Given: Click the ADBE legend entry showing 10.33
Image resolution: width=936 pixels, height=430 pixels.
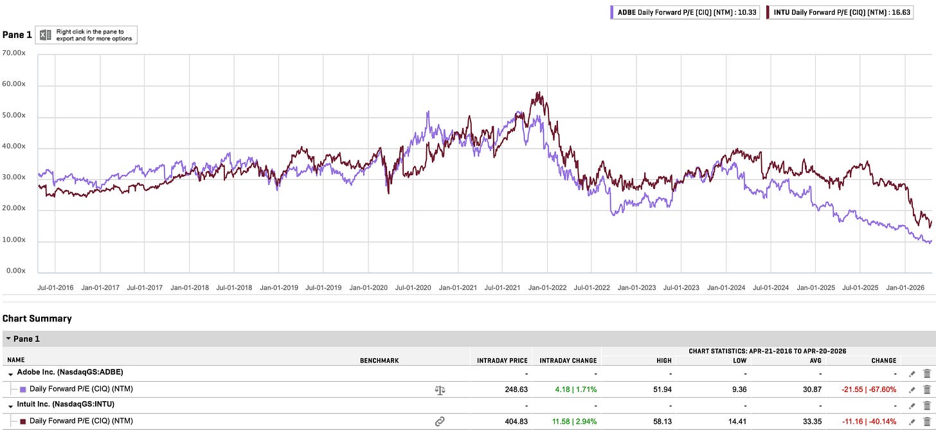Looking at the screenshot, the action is pos(685,12).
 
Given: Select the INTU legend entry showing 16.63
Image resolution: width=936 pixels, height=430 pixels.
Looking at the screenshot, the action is pos(840,12).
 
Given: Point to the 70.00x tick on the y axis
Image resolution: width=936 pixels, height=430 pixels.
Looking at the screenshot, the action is pos(14,53).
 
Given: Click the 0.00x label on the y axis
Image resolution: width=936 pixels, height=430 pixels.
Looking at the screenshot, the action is pos(16,271).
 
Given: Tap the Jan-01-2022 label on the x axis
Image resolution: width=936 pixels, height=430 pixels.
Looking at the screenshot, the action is pos(548,287).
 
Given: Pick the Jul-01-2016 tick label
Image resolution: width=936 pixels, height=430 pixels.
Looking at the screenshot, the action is pos(55,287).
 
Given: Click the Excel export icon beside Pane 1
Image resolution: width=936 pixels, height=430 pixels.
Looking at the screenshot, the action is pos(45,35).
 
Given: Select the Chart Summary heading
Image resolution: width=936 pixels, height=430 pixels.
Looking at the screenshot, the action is pos(37,318).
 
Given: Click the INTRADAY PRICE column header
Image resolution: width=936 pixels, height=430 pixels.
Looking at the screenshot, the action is pos(502,361).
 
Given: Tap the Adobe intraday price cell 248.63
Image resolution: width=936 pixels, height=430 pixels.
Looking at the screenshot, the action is pos(516,390).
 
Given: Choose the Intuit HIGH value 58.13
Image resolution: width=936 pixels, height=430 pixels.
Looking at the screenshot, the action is pos(662,422).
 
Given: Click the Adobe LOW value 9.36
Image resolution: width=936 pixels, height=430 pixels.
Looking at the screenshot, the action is pos(739,390).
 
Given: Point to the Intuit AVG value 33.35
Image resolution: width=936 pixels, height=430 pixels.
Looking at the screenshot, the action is pos(812,422).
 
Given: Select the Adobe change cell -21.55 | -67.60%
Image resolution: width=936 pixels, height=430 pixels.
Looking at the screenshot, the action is pos(869,390).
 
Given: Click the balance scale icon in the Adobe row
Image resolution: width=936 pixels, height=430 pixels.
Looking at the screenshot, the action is pos(440,390).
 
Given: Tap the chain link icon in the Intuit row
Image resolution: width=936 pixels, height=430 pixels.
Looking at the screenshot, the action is pos(440,422).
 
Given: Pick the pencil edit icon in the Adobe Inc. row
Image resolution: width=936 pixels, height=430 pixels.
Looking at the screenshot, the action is pos(912,374).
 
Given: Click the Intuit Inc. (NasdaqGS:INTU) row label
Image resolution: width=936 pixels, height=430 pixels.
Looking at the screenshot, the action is pos(66,404).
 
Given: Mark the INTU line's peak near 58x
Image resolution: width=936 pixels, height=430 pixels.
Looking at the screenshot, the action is pos(539,93).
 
